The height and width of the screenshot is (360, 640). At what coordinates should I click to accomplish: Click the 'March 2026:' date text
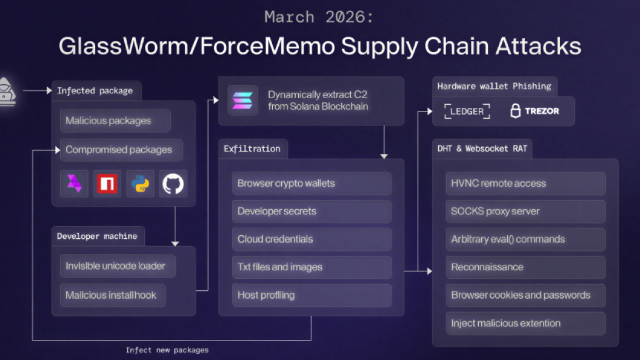coord(319,18)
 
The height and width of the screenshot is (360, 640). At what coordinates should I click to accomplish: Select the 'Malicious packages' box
coord(115,121)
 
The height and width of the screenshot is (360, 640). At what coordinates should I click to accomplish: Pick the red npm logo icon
coord(107,184)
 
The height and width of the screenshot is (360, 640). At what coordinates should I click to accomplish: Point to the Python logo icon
coord(140,184)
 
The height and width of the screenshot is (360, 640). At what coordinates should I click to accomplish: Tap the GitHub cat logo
coord(173,184)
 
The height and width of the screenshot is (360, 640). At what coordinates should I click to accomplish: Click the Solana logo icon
coord(242,101)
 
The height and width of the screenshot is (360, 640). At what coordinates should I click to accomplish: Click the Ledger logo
coord(467,112)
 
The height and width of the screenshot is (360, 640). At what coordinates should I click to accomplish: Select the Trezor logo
coord(534,112)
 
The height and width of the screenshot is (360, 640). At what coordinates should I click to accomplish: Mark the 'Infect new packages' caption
coord(167,350)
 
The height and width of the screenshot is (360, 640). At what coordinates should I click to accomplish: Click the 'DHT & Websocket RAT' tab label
coord(481,148)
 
